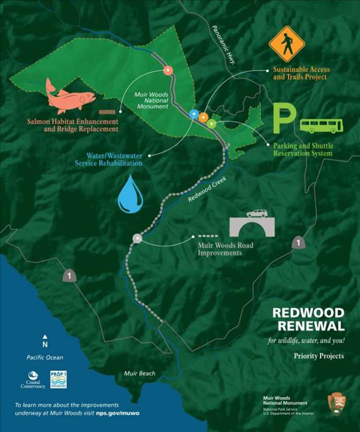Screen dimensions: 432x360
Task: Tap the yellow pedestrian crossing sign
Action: pos(287,43)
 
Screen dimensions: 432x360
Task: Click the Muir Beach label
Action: pos(140,373)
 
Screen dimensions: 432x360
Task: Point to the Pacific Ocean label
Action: pos(45,357)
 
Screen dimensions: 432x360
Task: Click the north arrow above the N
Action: pos(45,336)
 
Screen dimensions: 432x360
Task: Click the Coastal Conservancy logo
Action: pos(33,379)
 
